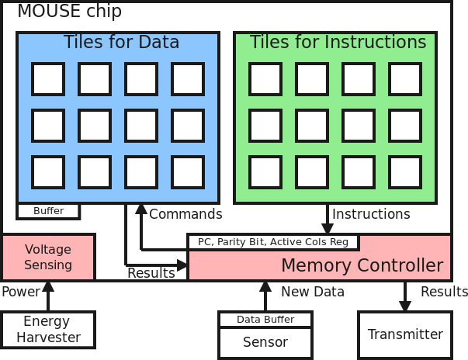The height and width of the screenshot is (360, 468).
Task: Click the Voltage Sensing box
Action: [48, 257]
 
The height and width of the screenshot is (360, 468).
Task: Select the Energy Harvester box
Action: [48, 330]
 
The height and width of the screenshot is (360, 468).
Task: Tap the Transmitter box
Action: [405, 334]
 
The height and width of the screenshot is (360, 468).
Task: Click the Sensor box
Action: [265, 343]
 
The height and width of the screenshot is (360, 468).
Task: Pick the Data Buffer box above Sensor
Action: [265, 320]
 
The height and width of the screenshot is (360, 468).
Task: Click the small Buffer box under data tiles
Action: [48, 211]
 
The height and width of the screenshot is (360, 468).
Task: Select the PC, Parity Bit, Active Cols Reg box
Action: [273, 242]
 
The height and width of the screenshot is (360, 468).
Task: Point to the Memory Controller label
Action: [362, 265]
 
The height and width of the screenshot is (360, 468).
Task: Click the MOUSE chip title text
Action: [70, 12]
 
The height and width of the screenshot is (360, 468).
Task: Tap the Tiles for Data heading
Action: [121, 42]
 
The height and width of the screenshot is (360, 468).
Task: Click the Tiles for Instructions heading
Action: [338, 41]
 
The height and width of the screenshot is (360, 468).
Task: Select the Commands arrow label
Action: [185, 214]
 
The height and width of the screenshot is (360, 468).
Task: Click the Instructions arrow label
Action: [371, 214]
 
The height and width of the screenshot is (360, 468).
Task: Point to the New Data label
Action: [313, 292]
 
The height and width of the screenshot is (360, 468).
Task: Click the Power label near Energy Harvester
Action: [21, 292]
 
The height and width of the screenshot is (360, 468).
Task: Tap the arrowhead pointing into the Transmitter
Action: [405, 306]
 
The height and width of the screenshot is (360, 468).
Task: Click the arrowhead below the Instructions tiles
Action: [328, 229]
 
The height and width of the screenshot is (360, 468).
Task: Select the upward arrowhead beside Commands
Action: [141, 209]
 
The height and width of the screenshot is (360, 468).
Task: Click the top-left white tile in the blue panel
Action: [48, 79]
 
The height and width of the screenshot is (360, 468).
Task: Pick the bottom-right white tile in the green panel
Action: [405, 172]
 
